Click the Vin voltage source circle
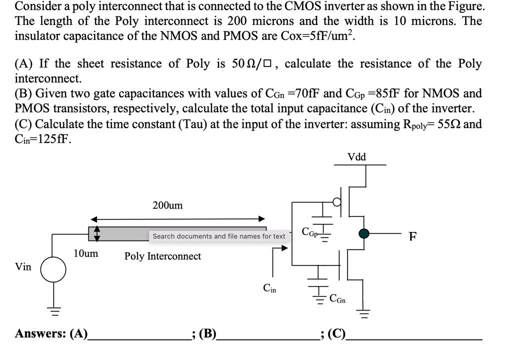point(53,269)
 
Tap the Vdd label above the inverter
point(356,157)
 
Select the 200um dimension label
point(167,205)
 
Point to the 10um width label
point(86,253)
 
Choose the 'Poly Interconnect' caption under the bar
point(162,256)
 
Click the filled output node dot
point(364,233)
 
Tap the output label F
point(412,236)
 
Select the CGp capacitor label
point(309,231)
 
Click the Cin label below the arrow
point(269,288)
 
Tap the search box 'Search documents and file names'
point(218,236)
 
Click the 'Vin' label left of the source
point(23,267)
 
